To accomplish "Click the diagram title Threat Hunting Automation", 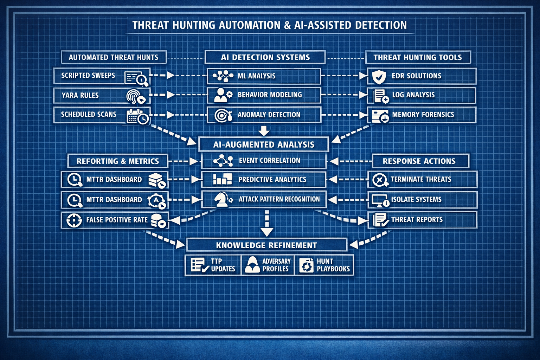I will [x=269, y=25].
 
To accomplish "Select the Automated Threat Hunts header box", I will [x=113, y=57].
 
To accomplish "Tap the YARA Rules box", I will [x=102, y=95].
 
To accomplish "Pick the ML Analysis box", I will [x=264, y=76].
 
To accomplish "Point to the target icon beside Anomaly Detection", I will [x=222, y=115].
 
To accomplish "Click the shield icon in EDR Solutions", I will [x=379, y=76].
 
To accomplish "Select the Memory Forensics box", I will [x=421, y=115].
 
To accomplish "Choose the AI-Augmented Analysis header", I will [x=264, y=144].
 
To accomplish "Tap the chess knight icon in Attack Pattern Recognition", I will [x=222, y=199].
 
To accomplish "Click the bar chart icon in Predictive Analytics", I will [x=222, y=179].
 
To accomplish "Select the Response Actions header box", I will [x=420, y=161].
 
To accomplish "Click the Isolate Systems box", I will [x=422, y=200].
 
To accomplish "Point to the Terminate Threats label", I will [x=421, y=179].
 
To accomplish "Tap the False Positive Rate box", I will [x=115, y=220].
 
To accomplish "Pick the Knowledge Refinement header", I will [x=266, y=245].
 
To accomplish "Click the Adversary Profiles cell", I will [x=268, y=265].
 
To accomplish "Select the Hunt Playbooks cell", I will [x=324, y=265].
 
